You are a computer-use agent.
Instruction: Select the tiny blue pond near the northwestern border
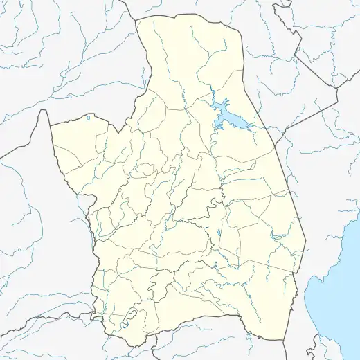(x=88, y=118)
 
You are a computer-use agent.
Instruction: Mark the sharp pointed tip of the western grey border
(x=48, y=110)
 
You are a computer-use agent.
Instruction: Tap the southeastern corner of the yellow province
(x=285, y=340)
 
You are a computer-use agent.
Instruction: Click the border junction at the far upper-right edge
(x=336, y=87)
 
